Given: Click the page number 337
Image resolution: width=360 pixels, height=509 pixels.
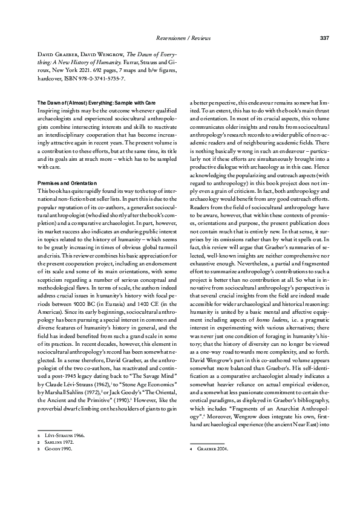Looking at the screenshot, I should click(324, 39).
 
